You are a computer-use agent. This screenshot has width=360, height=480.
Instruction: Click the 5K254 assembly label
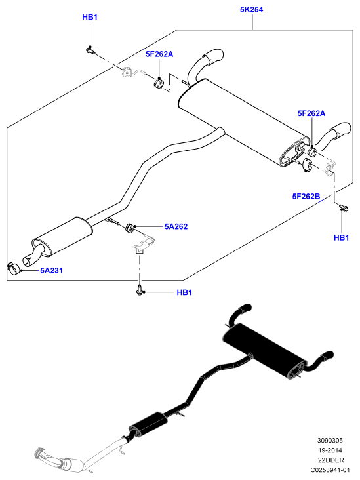click(x=251, y=10)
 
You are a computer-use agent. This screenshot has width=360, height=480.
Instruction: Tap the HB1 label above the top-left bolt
click(x=90, y=17)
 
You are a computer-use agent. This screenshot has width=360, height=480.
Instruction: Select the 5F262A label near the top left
click(x=159, y=54)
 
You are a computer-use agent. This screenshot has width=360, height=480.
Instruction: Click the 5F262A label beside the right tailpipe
click(x=311, y=113)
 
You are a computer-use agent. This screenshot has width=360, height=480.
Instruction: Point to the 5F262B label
click(x=306, y=196)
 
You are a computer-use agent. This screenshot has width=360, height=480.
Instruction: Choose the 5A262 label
click(x=176, y=226)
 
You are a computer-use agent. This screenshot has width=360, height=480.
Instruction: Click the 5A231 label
click(x=51, y=271)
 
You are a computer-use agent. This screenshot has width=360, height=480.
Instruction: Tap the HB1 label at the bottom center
click(x=184, y=292)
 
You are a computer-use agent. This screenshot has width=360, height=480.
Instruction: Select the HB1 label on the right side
click(x=342, y=237)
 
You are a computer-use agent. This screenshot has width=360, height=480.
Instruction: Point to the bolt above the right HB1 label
click(x=344, y=208)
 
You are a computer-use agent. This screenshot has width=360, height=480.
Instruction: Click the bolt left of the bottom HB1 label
click(x=139, y=290)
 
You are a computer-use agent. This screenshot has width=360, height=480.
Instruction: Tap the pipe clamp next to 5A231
click(x=14, y=268)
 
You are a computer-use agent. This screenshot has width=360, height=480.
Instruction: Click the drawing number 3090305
click(x=330, y=441)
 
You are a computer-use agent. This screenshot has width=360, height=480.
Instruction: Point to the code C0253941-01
click(x=330, y=470)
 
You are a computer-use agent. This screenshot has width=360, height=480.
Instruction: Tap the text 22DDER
click(x=331, y=460)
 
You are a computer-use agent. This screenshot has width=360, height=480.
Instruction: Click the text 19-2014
click(x=330, y=450)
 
